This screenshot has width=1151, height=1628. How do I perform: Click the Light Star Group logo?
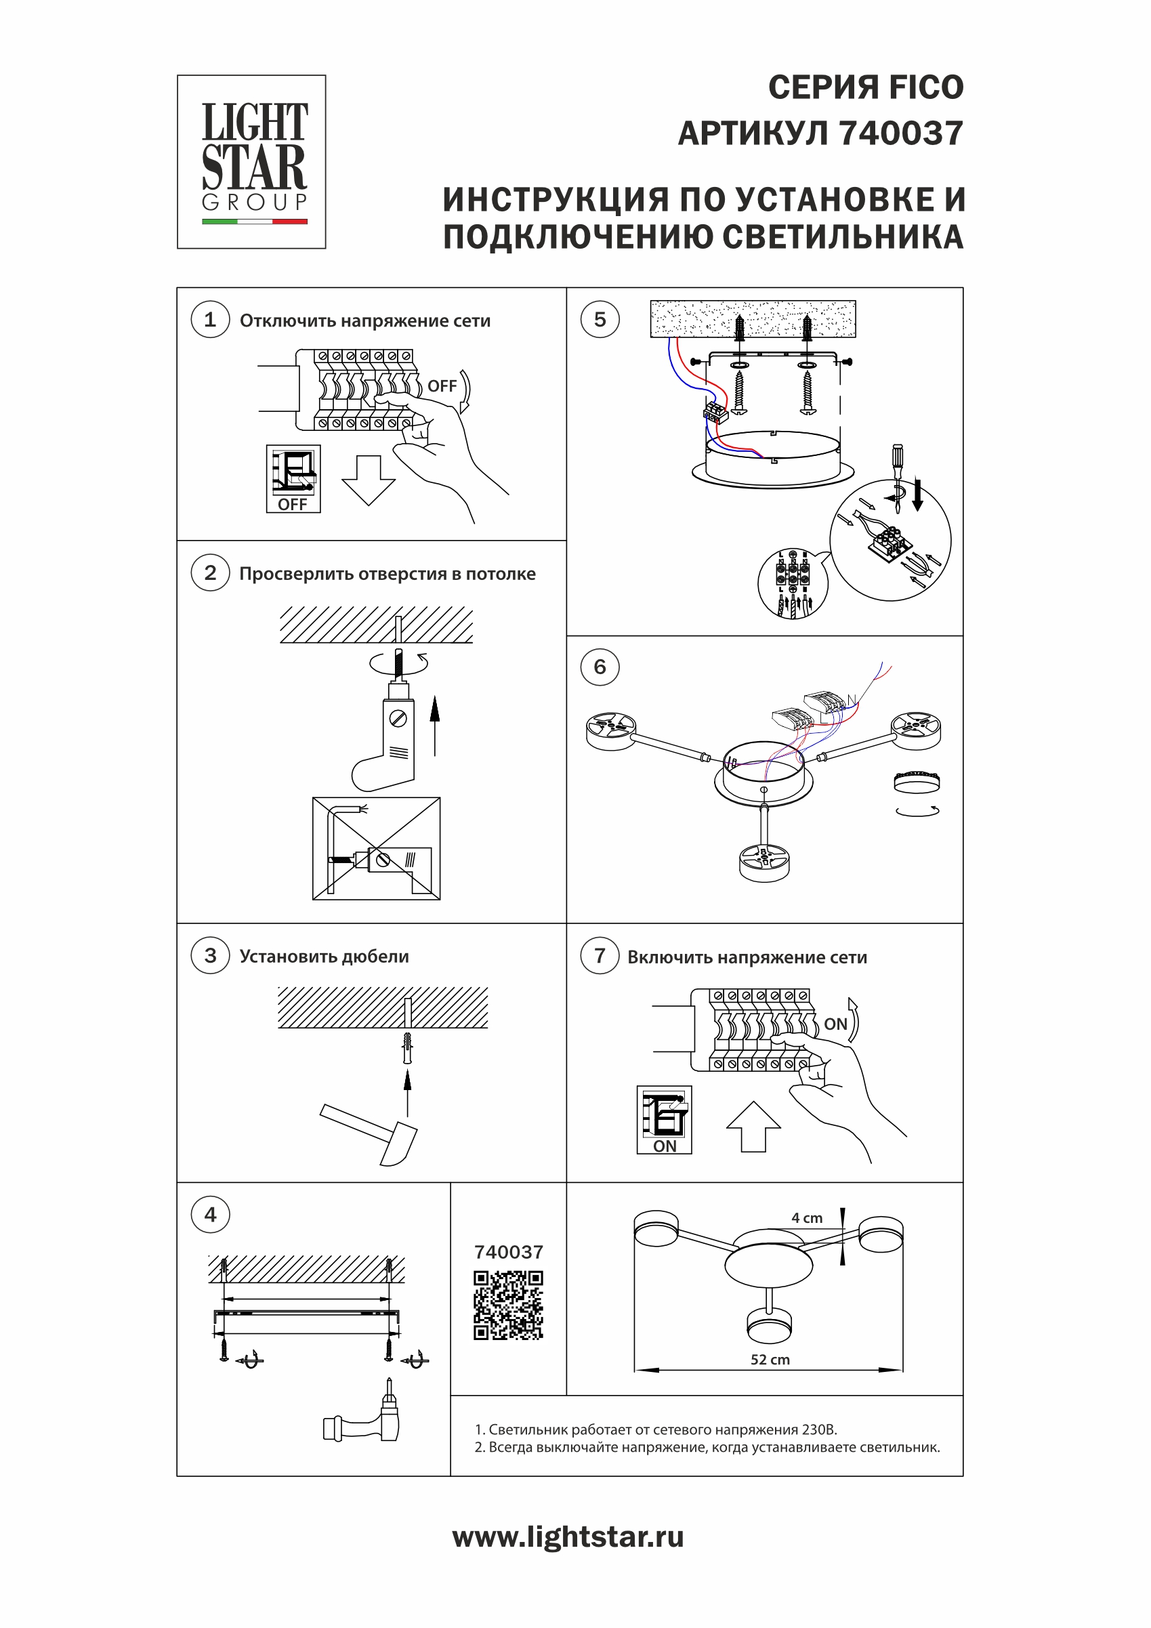[252, 162]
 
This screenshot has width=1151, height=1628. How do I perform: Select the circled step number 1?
[210, 320]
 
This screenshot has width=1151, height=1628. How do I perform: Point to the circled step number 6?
[600, 667]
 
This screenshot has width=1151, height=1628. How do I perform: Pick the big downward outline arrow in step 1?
[368, 480]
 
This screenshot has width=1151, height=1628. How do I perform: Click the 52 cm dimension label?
[770, 1359]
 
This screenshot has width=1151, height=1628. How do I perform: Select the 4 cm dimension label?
[807, 1218]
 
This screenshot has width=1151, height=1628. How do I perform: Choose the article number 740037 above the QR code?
[509, 1252]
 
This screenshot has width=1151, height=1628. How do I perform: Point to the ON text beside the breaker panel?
[835, 1024]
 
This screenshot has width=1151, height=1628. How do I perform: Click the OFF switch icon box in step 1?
[293, 478]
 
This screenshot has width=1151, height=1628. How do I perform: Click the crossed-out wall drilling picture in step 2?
[376, 849]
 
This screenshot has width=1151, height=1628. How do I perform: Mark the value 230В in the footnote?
[819, 1429]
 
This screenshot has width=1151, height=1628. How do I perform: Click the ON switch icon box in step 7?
[664, 1120]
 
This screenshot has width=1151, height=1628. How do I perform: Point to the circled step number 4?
[210, 1215]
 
